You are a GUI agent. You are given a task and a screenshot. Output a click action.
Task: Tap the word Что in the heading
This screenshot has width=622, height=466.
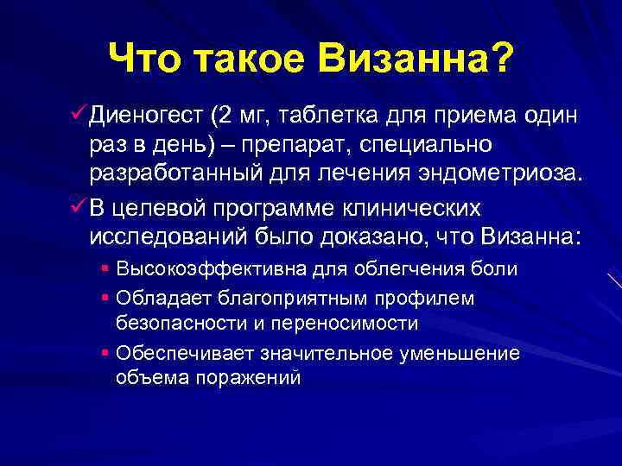coord(146,60)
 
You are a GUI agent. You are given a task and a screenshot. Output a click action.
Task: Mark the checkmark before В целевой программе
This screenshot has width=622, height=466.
coord(75,209)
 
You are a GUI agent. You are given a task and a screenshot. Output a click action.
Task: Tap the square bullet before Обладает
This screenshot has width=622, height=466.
coord(104,297)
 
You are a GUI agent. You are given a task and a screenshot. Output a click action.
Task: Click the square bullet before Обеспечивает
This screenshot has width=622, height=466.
coord(104,352)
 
